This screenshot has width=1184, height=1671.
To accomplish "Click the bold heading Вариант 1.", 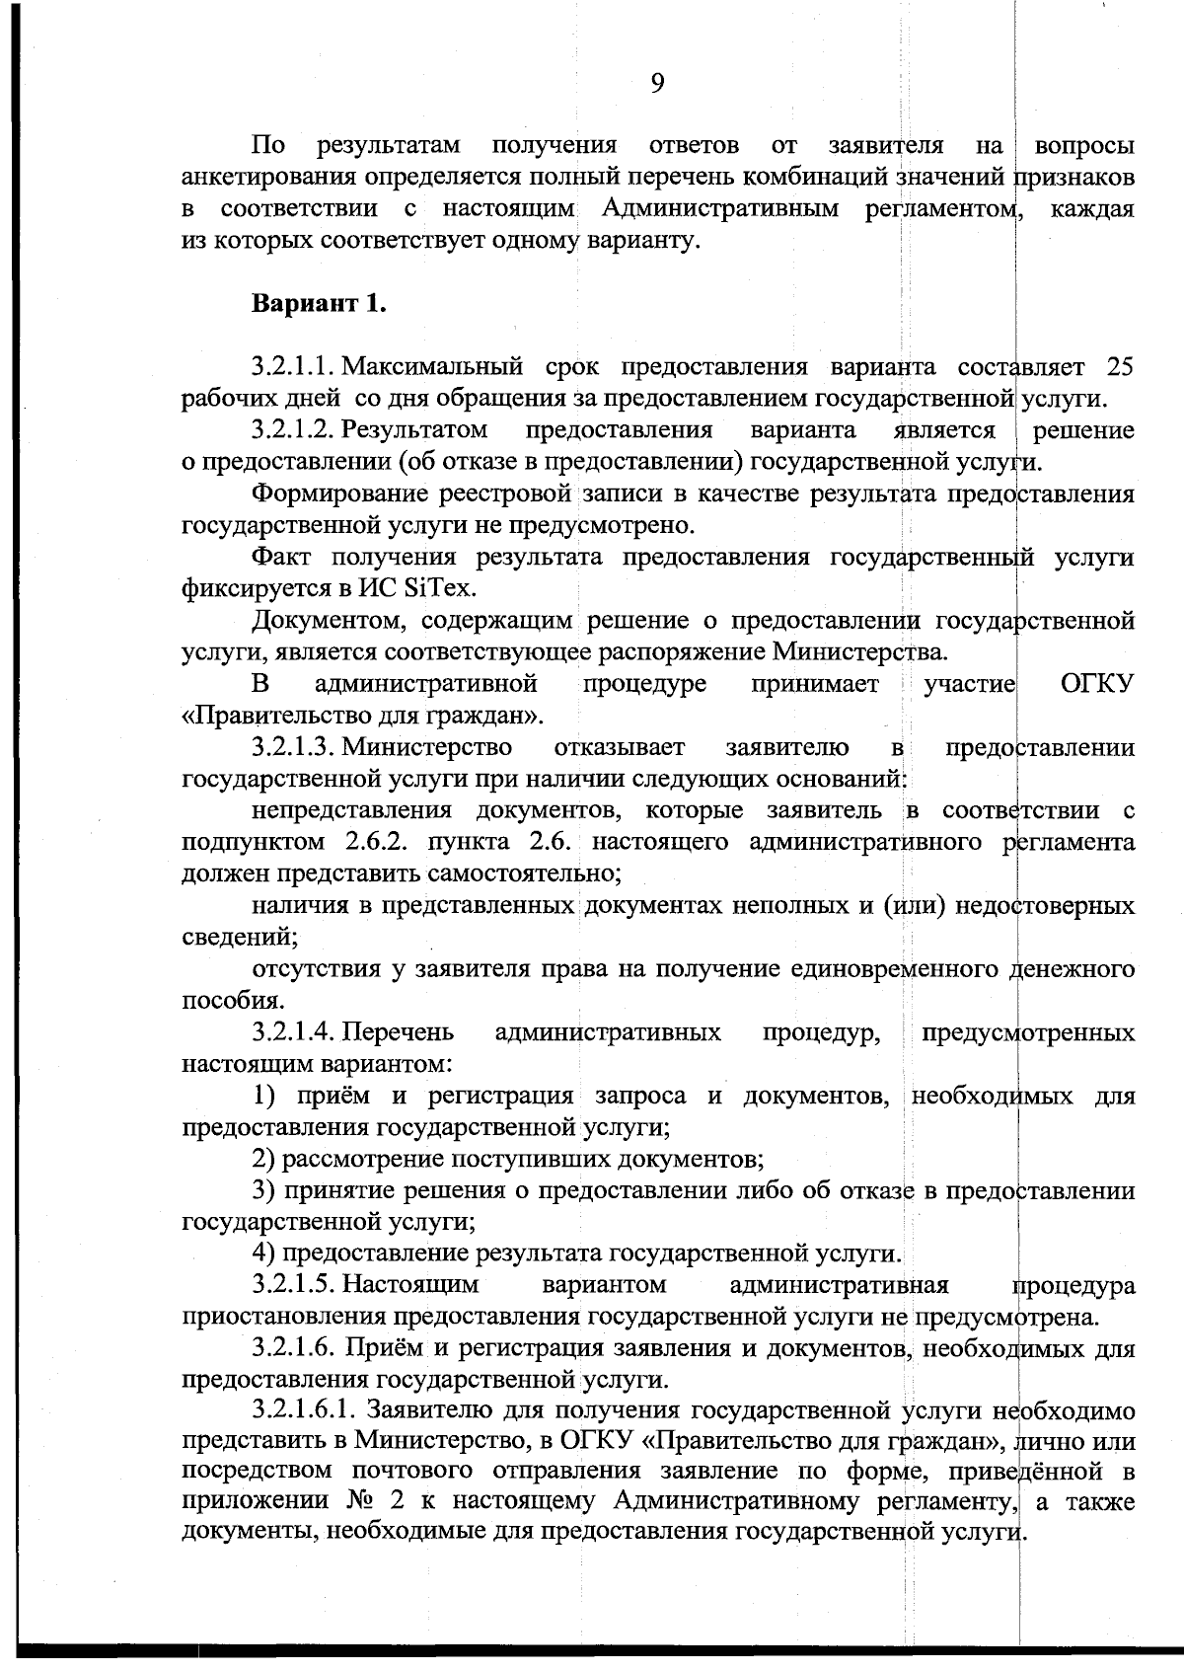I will coord(319,303).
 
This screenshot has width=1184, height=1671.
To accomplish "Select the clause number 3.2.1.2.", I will coord(293,430).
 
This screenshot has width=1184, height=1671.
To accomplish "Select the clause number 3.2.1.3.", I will coord(293,747).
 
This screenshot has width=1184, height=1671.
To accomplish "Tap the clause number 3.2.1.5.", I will coord(293,1285).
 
